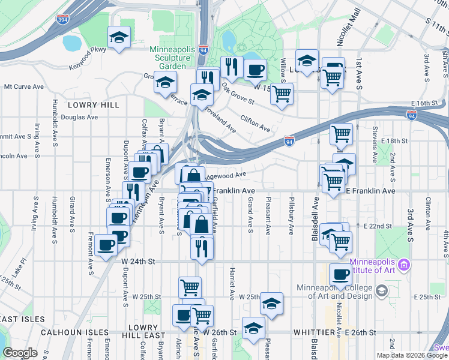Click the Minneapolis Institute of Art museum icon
click(x=404, y=265)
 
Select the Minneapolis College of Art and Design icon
click(x=381, y=291)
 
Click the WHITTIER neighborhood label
click(x=316, y=332)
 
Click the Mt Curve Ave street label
click(x=24, y=86)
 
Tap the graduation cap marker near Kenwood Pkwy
click(x=119, y=38)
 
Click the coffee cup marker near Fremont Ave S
click(x=106, y=245)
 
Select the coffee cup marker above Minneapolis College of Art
click(x=341, y=274)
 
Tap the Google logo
click(x=20, y=353)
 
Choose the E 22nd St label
click(x=378, y=226)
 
